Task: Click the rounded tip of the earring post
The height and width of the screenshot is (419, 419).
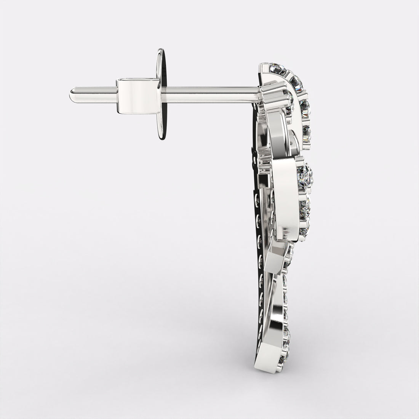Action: point(72,94)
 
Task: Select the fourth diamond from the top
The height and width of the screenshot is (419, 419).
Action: point(307,133)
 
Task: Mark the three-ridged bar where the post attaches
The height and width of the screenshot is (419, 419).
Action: point(274,95)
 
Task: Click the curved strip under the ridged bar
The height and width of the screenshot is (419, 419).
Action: point(278,130)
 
